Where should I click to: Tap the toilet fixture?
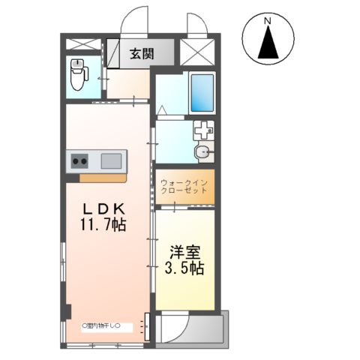tap(79, 74)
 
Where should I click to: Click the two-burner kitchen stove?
tap(80, 160)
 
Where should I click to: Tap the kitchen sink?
tap(111, 160)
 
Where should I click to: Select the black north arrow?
tap(268, 45)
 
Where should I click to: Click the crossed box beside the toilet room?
tap(82, 43)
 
